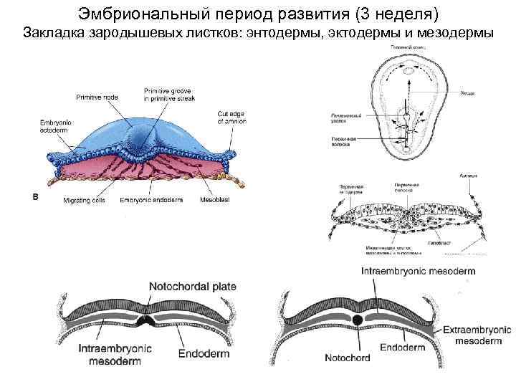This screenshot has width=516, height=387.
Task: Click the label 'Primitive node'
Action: [x=99, y=95]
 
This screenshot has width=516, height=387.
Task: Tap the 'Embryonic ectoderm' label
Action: [x=55, y=125]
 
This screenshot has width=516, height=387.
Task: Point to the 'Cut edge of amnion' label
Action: [x=231, y=118]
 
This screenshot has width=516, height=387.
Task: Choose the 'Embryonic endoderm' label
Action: [x=148, y=199]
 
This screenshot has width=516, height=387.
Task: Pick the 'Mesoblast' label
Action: [x=214, y=199]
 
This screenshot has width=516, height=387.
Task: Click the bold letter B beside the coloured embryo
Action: [x=35, y=196]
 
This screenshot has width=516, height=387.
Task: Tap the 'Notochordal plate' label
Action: [x=192, y=287]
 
